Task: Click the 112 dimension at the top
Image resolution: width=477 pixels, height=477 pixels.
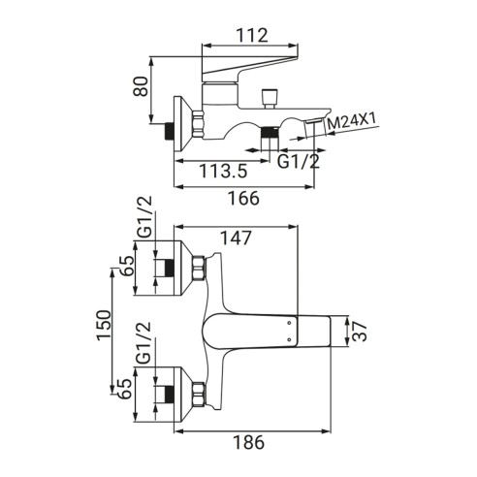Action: point(252,35)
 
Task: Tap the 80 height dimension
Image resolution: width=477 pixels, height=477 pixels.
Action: point(141,86)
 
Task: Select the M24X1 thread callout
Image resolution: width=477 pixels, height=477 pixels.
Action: point(352,121)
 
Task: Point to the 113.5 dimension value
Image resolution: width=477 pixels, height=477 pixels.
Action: point(223,171)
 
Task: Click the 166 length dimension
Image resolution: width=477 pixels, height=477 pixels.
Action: point(244,198)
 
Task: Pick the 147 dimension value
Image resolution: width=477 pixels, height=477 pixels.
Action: point(236,238)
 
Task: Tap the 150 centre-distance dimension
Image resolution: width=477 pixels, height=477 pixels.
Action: point(104,325)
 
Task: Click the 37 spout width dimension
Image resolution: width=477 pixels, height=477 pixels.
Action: point(360,332)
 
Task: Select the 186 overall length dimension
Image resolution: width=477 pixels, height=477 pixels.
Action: point(249,442)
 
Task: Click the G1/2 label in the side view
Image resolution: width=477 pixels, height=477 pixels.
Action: point(299,161)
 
